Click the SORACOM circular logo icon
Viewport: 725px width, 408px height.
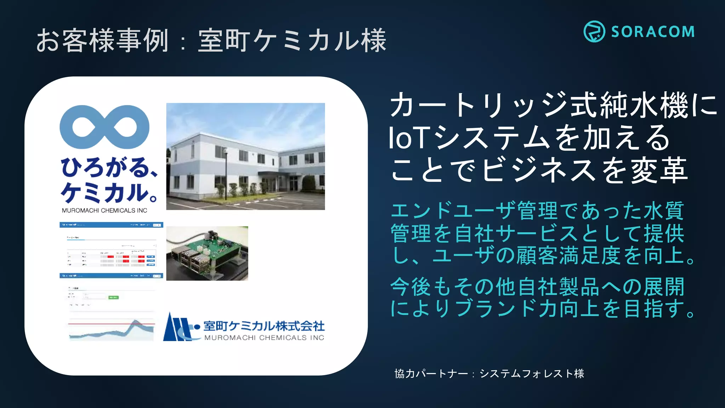(594, 32)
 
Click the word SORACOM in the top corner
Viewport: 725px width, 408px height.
(653, 32)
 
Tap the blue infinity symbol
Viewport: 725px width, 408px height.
(104, 127)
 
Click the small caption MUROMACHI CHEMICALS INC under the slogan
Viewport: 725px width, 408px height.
(104, 210)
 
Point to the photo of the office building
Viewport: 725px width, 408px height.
(245, 156)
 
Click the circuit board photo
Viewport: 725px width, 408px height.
(207, 253)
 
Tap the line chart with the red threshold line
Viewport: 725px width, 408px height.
(112, 329)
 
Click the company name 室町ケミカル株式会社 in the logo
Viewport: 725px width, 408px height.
(264, 326)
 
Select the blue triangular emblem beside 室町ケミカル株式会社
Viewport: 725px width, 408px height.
(177, 328)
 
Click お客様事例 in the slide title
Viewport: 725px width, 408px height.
(102, 40)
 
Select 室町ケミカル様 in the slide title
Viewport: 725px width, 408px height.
(292, 40)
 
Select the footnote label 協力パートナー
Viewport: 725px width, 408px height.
(431, 374)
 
